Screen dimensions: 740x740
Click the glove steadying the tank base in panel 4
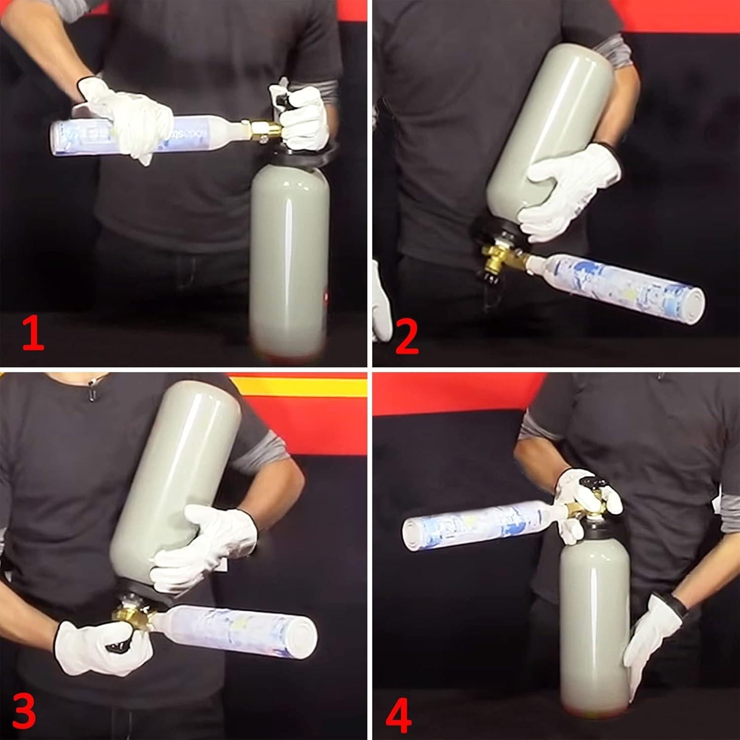coord(651,641)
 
